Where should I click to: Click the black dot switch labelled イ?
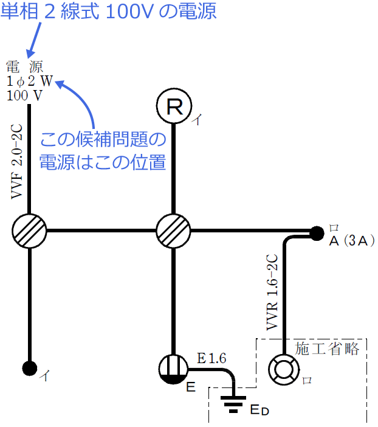29,367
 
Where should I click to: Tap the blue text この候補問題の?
103,141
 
